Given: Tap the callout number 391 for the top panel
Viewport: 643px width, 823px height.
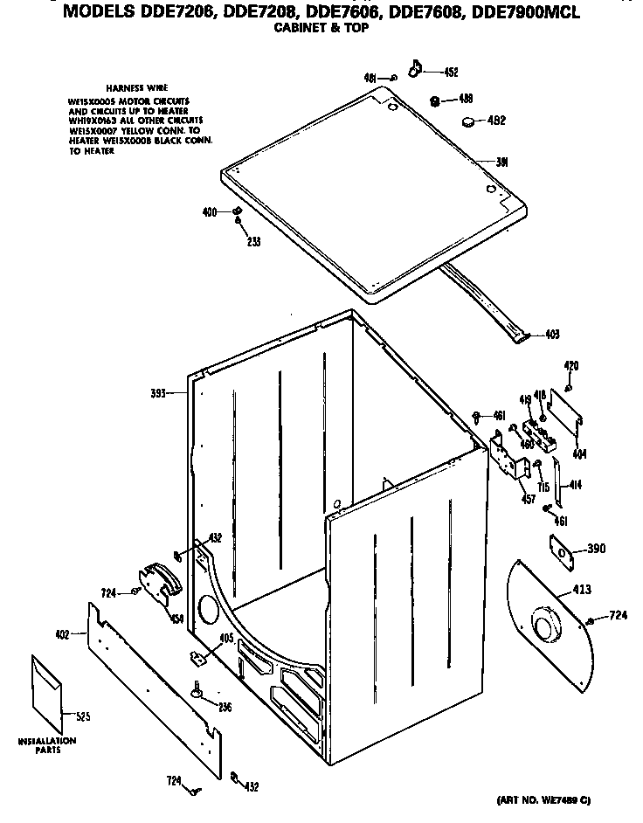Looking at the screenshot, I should [x=502, y=163].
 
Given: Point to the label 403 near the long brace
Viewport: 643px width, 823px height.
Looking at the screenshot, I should [x=551, y=335].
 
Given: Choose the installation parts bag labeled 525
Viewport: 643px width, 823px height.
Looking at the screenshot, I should [x=49, y=693].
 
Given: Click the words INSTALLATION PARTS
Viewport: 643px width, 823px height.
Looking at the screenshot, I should [x=47, y=745].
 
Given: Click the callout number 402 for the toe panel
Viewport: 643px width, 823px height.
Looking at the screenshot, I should [x=61, y=634].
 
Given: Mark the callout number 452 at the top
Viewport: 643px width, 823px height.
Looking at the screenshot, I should [x=451, y=73].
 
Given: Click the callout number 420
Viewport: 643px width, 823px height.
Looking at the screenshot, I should [x=570, y=365].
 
